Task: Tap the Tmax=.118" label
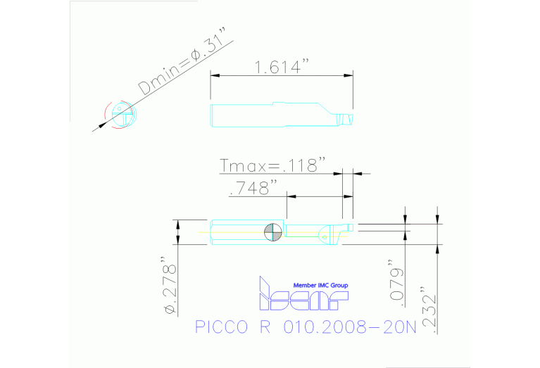pyautogui.click(x=272, y=165)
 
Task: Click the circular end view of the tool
pyautogui.click(x=121, y=115)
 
